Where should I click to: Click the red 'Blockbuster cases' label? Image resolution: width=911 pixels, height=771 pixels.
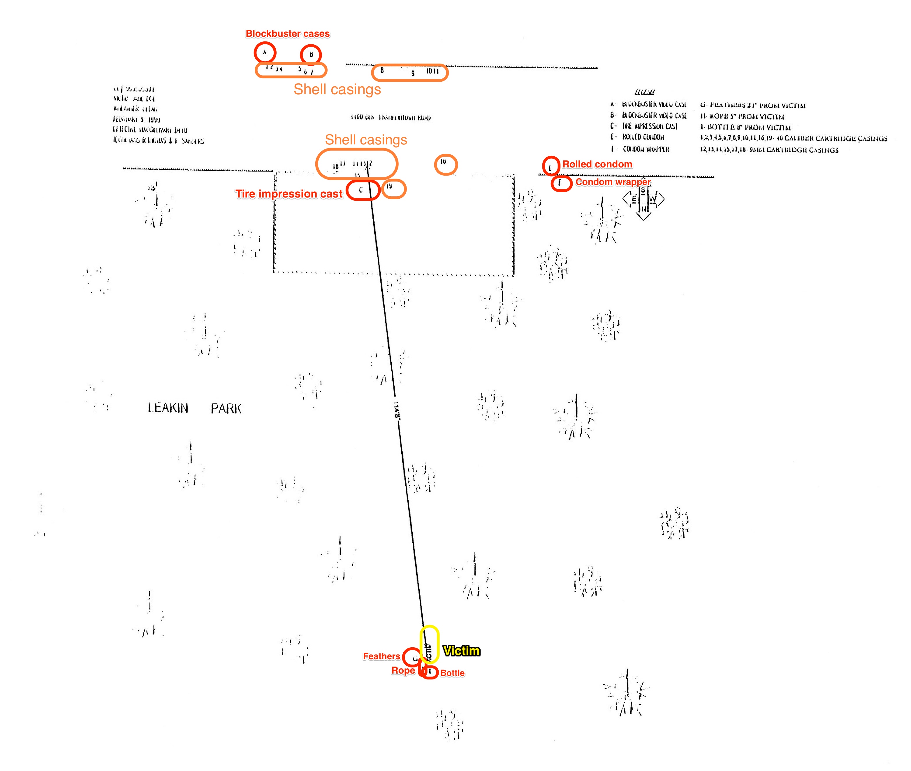point(287,34)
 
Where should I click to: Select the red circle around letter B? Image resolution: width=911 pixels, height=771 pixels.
point(311,55)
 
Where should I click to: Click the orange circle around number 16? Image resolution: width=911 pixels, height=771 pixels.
point(446,164)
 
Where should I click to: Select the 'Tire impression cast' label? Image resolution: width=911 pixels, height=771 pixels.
point(289,194)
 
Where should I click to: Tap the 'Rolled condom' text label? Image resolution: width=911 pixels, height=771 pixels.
point(597,164)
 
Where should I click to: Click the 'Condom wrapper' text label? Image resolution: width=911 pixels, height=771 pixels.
point(613,182)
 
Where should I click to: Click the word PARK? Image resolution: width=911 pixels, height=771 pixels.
point(226,409)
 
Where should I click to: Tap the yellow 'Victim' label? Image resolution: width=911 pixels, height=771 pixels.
point(461,651)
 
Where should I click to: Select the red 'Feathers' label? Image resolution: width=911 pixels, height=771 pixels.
point(381,656)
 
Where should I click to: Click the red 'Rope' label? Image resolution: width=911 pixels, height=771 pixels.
point(403,670)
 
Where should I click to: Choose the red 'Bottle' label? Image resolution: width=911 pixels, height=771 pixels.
point(452,673)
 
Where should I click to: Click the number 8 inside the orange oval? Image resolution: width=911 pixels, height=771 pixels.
point(382,70)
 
